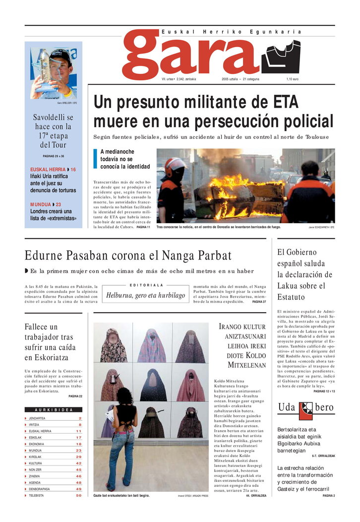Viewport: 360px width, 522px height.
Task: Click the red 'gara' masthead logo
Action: click(x=191, y=54)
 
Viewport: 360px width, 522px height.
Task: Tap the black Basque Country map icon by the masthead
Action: click(x=281, y=57)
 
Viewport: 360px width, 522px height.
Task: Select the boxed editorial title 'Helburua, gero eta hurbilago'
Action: click(x=145, y=296)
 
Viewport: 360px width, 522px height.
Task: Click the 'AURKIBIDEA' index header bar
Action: click(x=54, y=410)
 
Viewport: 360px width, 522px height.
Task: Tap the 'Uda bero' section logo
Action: click(x=306, y=408)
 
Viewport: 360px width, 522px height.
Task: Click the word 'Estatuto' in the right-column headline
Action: click(x=292, y=298)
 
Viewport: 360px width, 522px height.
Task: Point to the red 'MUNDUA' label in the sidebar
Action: click(x=40, y=204)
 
